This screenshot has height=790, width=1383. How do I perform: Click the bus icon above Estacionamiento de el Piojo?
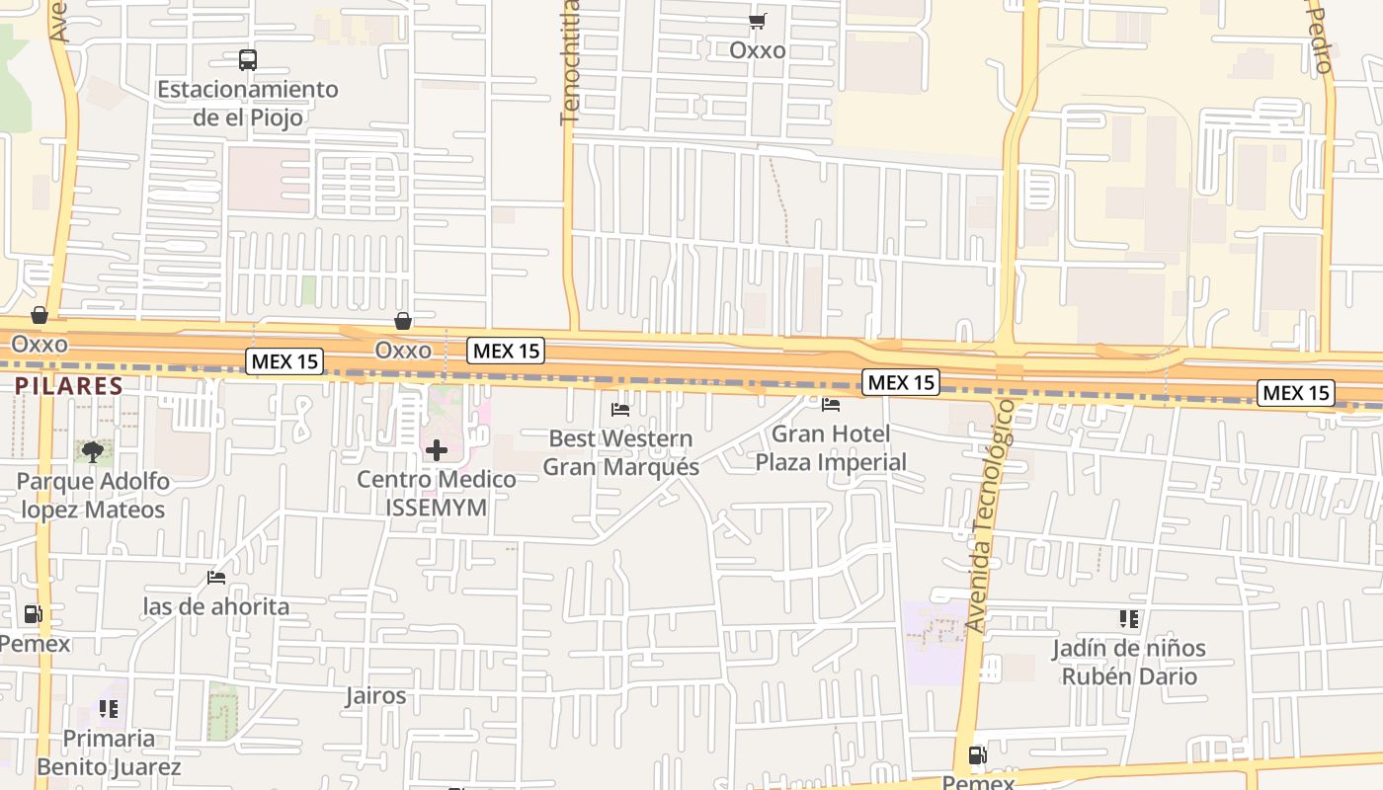coord(248,60)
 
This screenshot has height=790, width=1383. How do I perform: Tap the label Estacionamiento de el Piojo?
coord(248,103)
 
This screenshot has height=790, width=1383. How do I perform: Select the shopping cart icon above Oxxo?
coord(758,22)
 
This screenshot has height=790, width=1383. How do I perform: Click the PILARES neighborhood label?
coord(68,386)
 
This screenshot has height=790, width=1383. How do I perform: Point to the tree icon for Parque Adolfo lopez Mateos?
coord(93,452)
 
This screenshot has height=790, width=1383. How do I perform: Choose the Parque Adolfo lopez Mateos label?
coord(93,496)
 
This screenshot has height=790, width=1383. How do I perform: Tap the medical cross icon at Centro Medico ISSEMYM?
coord(436,451)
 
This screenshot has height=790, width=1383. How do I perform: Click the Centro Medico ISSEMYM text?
coord(436,493)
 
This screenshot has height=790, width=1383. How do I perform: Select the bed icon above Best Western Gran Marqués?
coord(620,409)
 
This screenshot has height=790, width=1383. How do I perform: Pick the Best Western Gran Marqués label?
coord(620,452)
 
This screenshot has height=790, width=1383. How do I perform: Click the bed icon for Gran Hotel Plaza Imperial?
coord(831,404)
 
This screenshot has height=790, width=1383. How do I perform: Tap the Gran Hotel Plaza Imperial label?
coord(831,447)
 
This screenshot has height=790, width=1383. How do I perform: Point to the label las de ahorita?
coord(216,606)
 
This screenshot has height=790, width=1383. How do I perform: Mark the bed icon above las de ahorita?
coord(216,578)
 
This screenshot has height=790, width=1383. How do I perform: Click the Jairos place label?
coord(375,695)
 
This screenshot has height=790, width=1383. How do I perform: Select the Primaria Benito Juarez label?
coord(109,752)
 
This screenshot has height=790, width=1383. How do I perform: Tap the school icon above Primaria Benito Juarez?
coord(109,709)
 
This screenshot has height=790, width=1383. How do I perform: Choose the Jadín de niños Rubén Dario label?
coord(1128,662)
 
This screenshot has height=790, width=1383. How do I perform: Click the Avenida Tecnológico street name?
coord(991,515)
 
